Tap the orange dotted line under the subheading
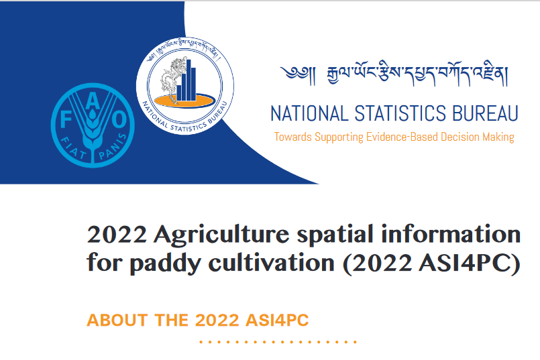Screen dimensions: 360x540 coord(278,342)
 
